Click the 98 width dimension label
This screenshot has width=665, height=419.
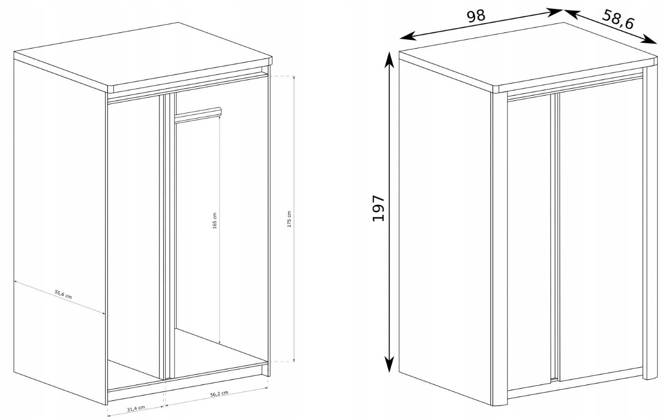(x=476, y=16)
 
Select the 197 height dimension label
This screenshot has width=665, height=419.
(x=379, y=208)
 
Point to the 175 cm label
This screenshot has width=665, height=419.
(x=289, y=219)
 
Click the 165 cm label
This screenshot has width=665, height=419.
(x=215, y=220)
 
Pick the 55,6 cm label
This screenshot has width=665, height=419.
(x=63, y=294)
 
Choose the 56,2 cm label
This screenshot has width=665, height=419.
(x=220, y=394)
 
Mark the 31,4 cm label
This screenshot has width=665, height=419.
(x=136, y=409)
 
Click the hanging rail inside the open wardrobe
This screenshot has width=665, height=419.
(x=198, y=114)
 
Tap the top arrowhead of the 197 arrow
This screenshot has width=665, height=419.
(x=389, y=60)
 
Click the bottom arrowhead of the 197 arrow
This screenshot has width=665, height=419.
(x=389, y=364)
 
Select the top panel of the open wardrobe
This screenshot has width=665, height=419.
(x=143, y=56)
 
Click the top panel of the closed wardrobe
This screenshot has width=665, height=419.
(x=528, y=56)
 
